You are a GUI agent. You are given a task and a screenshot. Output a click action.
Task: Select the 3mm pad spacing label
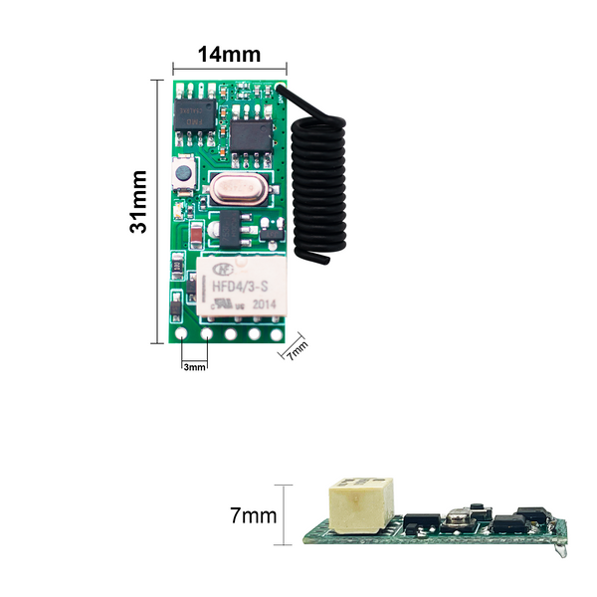(195, 367)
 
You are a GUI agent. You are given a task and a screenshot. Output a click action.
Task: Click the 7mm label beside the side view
(253, 515)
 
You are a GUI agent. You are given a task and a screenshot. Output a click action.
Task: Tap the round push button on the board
(183, 174)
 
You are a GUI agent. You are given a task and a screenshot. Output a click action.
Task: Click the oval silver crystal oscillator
(238, 188)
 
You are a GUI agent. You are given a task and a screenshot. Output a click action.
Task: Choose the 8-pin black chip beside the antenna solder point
(252, 133)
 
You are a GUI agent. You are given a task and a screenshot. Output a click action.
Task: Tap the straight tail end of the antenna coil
(318, 260)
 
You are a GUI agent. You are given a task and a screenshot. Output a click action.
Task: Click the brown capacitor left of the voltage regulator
(198, 234)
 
